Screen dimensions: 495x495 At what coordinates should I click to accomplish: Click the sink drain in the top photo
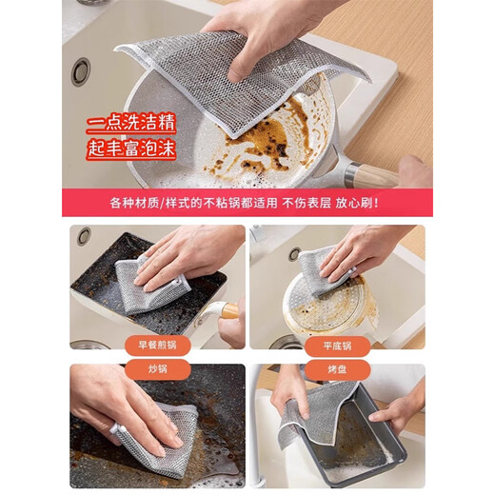[80, 69]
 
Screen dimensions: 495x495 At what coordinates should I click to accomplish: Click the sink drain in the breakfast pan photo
[85, 235]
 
